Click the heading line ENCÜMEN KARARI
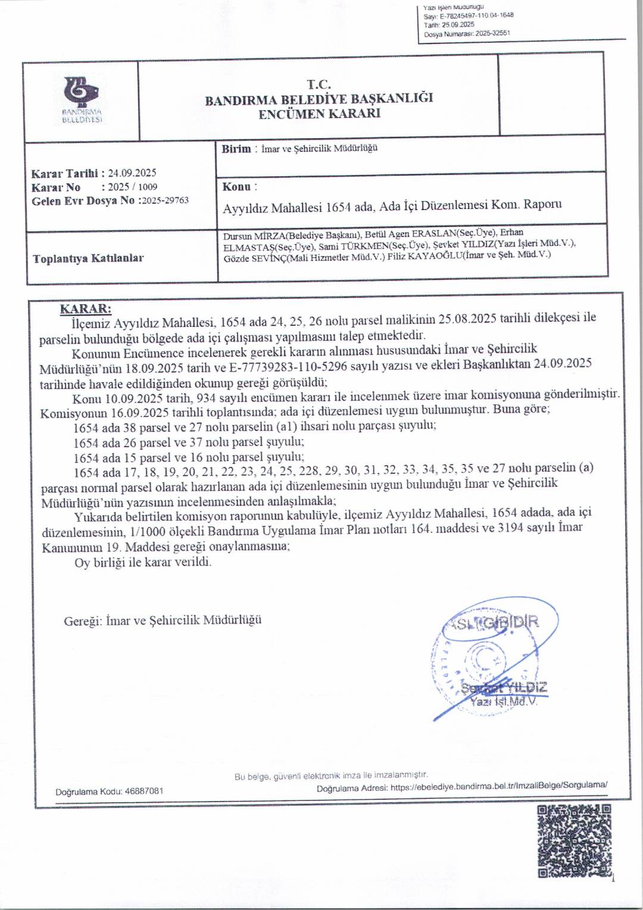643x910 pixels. click(319, 114)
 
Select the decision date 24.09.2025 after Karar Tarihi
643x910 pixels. click(132, 173)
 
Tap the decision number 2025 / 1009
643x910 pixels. click(132, 187)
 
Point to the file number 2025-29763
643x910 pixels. click(165, 201)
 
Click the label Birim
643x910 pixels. click(236, 149)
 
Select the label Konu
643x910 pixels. click(236, 187)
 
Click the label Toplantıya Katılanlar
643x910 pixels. click(88, 258)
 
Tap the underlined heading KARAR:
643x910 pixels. click(86, 308)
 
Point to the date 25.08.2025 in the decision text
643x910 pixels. click(467, 319)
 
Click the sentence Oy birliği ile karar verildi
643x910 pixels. click(143, 562)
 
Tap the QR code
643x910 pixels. click(574, 840)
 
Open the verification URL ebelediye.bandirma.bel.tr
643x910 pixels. click(499, 786)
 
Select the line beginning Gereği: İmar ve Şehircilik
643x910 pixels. click(163, 621)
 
